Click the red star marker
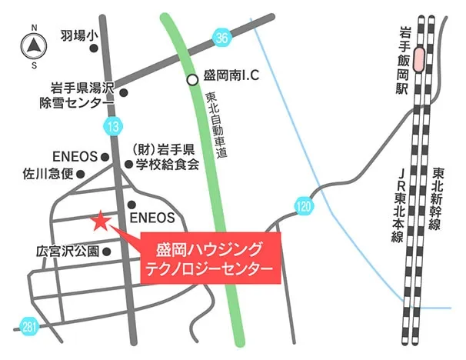[100, 222]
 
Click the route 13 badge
[113, 125]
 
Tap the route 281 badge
[29, 328]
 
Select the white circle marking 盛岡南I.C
[191, 79]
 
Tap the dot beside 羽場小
[94, 48]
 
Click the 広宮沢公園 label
[68, 251]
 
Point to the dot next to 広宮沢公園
[107, 251]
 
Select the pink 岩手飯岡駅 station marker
[418, 60]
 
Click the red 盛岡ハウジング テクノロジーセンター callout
[209, 258]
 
